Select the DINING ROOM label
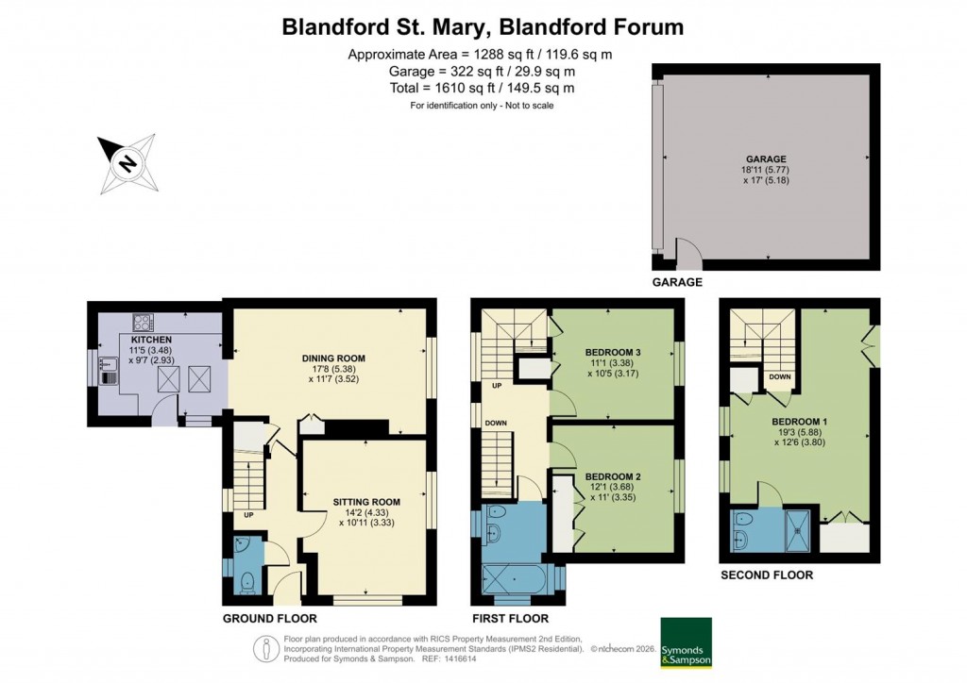[333, 358]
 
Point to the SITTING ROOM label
[366, 502]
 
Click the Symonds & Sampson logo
[686, 646]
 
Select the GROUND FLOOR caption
[269, 619]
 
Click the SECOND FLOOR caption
[766, 575]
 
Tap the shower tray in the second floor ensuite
[798, 530]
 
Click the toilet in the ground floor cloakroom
[247, 582]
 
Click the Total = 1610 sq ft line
[482, 88]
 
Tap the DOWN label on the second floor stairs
[779, 376]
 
